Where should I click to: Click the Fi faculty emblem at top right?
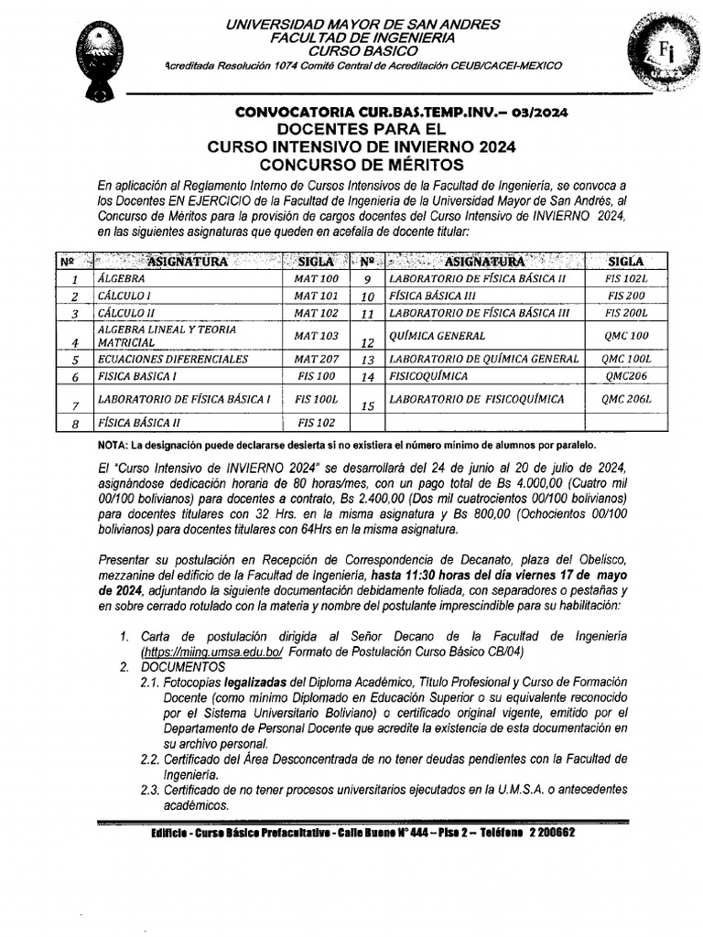(661, 54)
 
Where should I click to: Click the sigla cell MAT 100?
(316, 278)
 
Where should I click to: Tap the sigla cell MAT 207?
(316, 359)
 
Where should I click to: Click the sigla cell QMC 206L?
(626, 399)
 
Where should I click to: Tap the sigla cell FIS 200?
(625, 296)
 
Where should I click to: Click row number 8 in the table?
(76, 424)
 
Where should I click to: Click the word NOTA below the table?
(113, 446)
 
